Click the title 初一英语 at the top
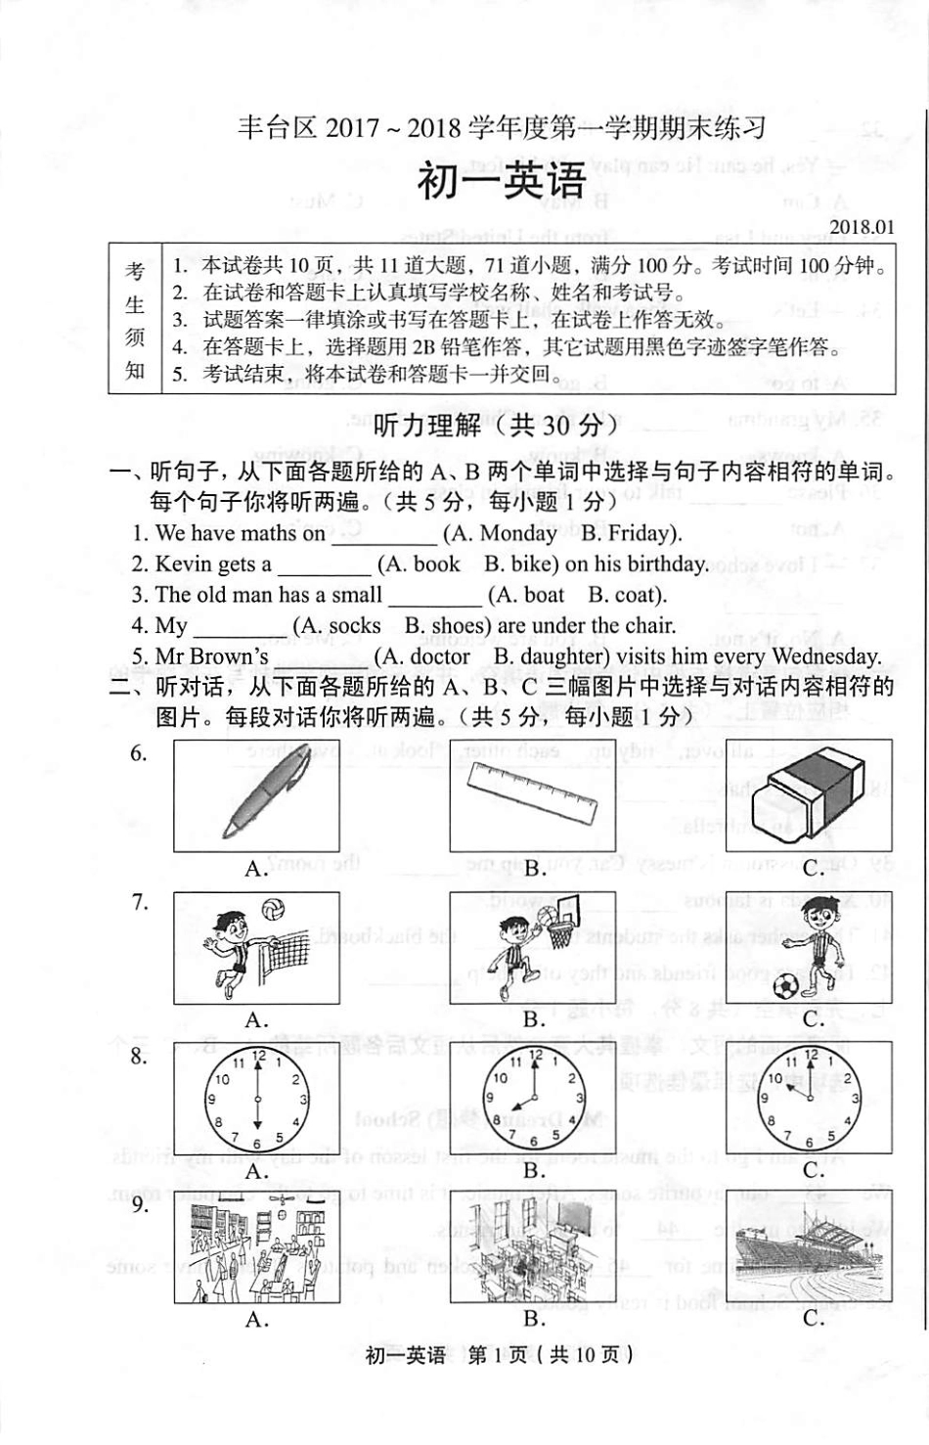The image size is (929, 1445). point(502,182)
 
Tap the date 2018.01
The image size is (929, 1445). point(862,227)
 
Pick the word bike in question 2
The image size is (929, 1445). point(534,564)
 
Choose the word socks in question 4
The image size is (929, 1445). point(355,626)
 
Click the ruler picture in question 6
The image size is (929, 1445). point(533,793)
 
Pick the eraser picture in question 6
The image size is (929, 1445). point(810,794)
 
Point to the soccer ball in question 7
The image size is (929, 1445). point(784,983)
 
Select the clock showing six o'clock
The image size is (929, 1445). point(257,1098)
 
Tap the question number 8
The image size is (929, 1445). point(140,1057)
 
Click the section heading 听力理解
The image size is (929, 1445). point(427,426)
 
